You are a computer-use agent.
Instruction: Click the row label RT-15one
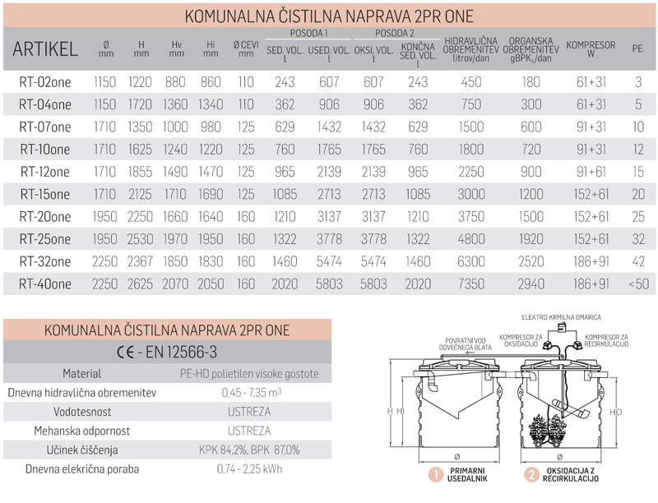44,196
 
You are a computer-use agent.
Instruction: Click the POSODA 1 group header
309,33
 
